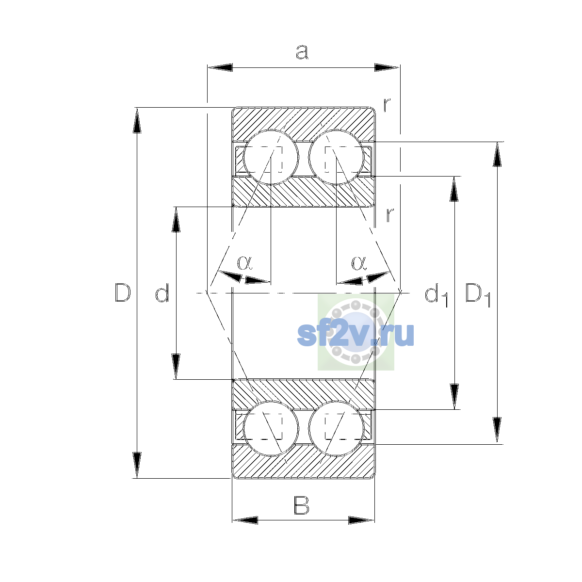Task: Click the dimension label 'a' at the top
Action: point(302,52)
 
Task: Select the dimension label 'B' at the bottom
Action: point(301,505)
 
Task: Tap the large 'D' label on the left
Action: point(123,292)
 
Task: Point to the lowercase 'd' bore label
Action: point(162,292)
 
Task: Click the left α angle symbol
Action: point(244,262)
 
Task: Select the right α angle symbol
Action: point(359,262)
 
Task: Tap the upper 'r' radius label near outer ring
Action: point(387,104)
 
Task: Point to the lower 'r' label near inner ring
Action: point(390,214)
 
